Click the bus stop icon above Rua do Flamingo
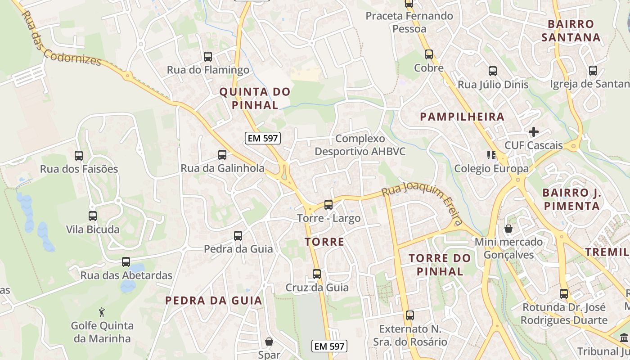click(x=208, y=57)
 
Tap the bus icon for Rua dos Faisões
click(x=79, y=156)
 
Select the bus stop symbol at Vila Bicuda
click(x=93, y=216)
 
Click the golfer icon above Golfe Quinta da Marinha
click(x=102, y=312)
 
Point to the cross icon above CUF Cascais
click(x=534, y=132)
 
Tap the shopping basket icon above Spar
click(x=269, y=342)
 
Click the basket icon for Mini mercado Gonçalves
click(x=508, y=229)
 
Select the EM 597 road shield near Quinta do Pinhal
click(x=263, y=138)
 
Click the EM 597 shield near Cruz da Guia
click(x=329, y=346)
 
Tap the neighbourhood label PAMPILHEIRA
click(x=462, y=117)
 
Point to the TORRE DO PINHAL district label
click(x=440, y=265)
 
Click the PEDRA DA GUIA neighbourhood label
click(x=213, y=301)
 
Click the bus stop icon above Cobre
click(x=429, y=54)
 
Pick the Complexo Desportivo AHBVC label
click(x=360, y=145)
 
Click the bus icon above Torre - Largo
click(x=328, y=205)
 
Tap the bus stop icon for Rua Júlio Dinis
click(x=493, y=71)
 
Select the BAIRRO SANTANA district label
click(x=571, y=31)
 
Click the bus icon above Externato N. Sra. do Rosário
click(x=410, y=315)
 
